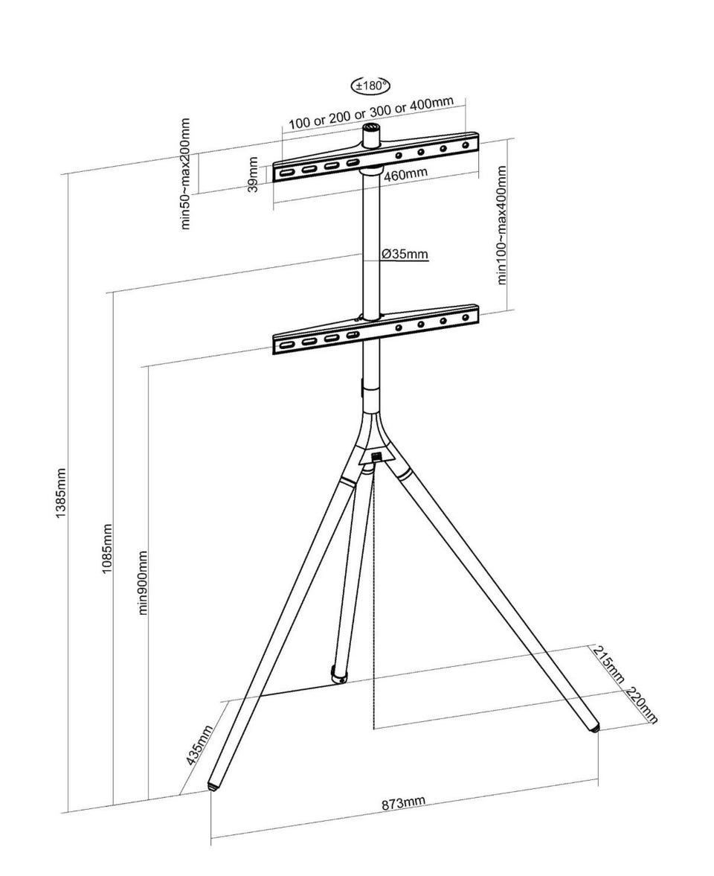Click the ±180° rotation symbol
tap(370, 86)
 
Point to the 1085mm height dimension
tap(106, 549)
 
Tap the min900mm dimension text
tap(143, 582)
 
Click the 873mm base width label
tap(403, 803)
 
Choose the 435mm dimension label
tap(199, 745)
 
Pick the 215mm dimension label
tap(608, 664)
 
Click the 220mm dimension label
tap(641, 704)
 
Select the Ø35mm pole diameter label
tap(405, 255)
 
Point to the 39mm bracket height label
tap(254, 174)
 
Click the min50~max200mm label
tap(186, 173)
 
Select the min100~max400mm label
tap(502, 225)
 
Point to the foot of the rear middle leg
tap(338, 675)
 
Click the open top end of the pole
tap(371, 129)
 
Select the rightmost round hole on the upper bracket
tap(466, 145)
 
